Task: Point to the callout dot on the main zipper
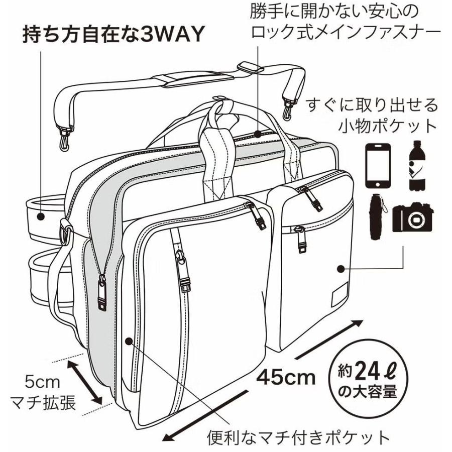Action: coord(258,134)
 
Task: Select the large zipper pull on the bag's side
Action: coord(102,294)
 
